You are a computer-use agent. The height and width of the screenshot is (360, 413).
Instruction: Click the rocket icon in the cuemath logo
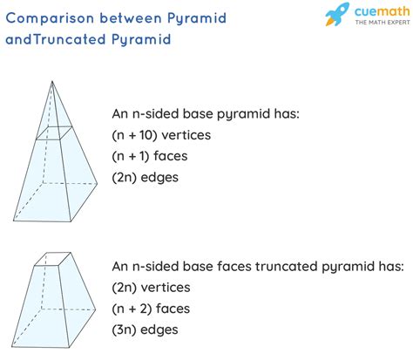point(337,14)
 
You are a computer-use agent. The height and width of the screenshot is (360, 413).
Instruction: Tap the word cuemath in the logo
point(382,11)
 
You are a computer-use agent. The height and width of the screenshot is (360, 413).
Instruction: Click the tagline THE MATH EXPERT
point(383,23)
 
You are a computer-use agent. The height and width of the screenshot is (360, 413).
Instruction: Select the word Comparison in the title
point(50,18)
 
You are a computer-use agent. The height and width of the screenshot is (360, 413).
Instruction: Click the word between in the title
point(131,18)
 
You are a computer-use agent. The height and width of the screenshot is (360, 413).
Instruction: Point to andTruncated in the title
point(55,39)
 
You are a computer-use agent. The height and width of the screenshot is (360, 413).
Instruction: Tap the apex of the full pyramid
point(52,81)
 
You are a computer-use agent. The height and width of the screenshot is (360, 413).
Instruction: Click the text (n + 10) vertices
point(161,135)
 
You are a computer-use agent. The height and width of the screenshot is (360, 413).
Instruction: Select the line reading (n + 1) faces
point(150,156)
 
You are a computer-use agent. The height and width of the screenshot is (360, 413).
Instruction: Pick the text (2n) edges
point(145,177)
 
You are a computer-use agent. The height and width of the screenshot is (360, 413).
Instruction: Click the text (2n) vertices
point(151,288)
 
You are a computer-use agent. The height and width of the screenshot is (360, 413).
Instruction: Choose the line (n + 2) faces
point(151,309)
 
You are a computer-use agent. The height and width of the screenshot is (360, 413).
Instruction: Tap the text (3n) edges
point(145,329)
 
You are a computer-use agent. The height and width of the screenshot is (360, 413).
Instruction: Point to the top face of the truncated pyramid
point(53,259)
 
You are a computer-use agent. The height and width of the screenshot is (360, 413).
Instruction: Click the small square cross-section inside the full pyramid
point(54,133)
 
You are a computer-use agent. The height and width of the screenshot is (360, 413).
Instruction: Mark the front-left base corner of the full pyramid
point(13,221)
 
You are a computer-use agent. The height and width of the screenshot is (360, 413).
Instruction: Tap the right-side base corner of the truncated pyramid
point(96,309)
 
